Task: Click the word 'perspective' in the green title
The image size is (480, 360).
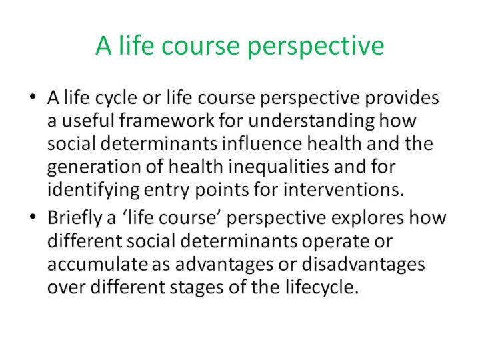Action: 315,47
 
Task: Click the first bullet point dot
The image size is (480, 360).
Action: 33,97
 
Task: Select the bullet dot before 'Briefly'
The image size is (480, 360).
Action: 33,217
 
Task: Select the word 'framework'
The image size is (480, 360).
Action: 167,120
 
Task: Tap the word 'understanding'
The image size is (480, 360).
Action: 311,121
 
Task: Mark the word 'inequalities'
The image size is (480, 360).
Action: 279,167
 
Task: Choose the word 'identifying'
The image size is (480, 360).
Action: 94,191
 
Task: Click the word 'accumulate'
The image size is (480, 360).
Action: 97,264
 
